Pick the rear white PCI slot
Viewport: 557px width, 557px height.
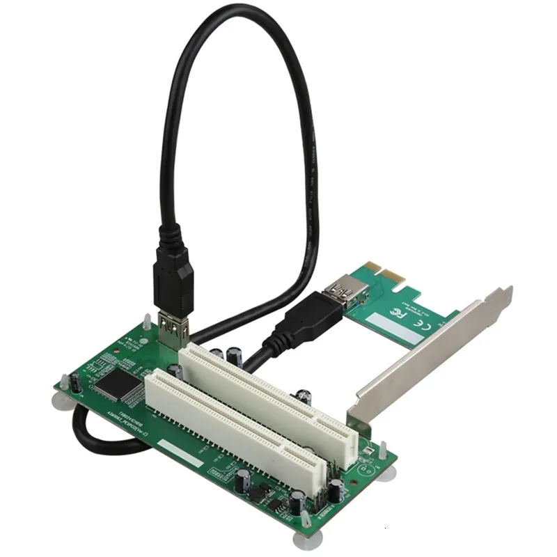268,393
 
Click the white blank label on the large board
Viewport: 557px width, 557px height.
180,453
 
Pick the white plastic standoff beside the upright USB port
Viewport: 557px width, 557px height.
147,324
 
